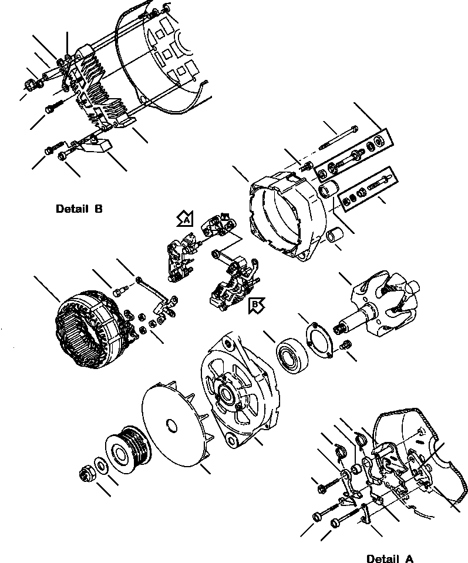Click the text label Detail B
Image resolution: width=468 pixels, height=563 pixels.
pyautogui.click(x=79, y=209)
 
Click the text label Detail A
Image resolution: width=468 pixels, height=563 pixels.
pyautogui.click(x=389, y=558)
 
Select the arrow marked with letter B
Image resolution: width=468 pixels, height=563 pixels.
pyautogui.click(x=257, y=304)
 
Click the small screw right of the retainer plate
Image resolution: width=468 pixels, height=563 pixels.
pyautogui.click(x=346, y=346)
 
